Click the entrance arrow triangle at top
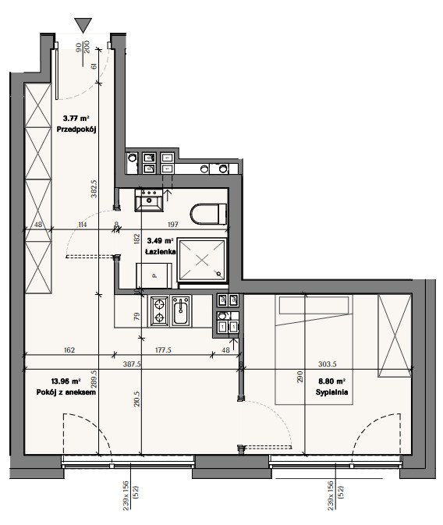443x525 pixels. [x=83, y=25]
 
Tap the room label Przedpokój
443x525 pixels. [x=76, y=129]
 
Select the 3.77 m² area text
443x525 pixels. [x=76, y=119]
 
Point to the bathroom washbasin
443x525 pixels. [x=149, y=200]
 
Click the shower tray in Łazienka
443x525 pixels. [x=202, y=260]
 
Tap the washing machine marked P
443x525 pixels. [x=154, y=275]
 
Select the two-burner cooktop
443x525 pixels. [x=159, y=311]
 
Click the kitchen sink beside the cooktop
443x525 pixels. [x=181, y=311]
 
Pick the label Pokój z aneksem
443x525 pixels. [x=66, y=392]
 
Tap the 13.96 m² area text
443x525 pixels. [x=66, y=381]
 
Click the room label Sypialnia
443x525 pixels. [x=331, y=392]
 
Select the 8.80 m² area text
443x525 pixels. [x=331, y=381]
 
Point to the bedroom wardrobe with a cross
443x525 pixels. [x=395, y=335]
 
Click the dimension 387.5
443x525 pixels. [x=132, y=364]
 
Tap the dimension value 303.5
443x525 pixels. [x=327, y=364]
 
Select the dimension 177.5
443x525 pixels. [x=163, y=350]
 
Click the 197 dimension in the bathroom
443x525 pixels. [x=173, y=225]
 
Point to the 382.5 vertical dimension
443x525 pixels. [x=94, y=189]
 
